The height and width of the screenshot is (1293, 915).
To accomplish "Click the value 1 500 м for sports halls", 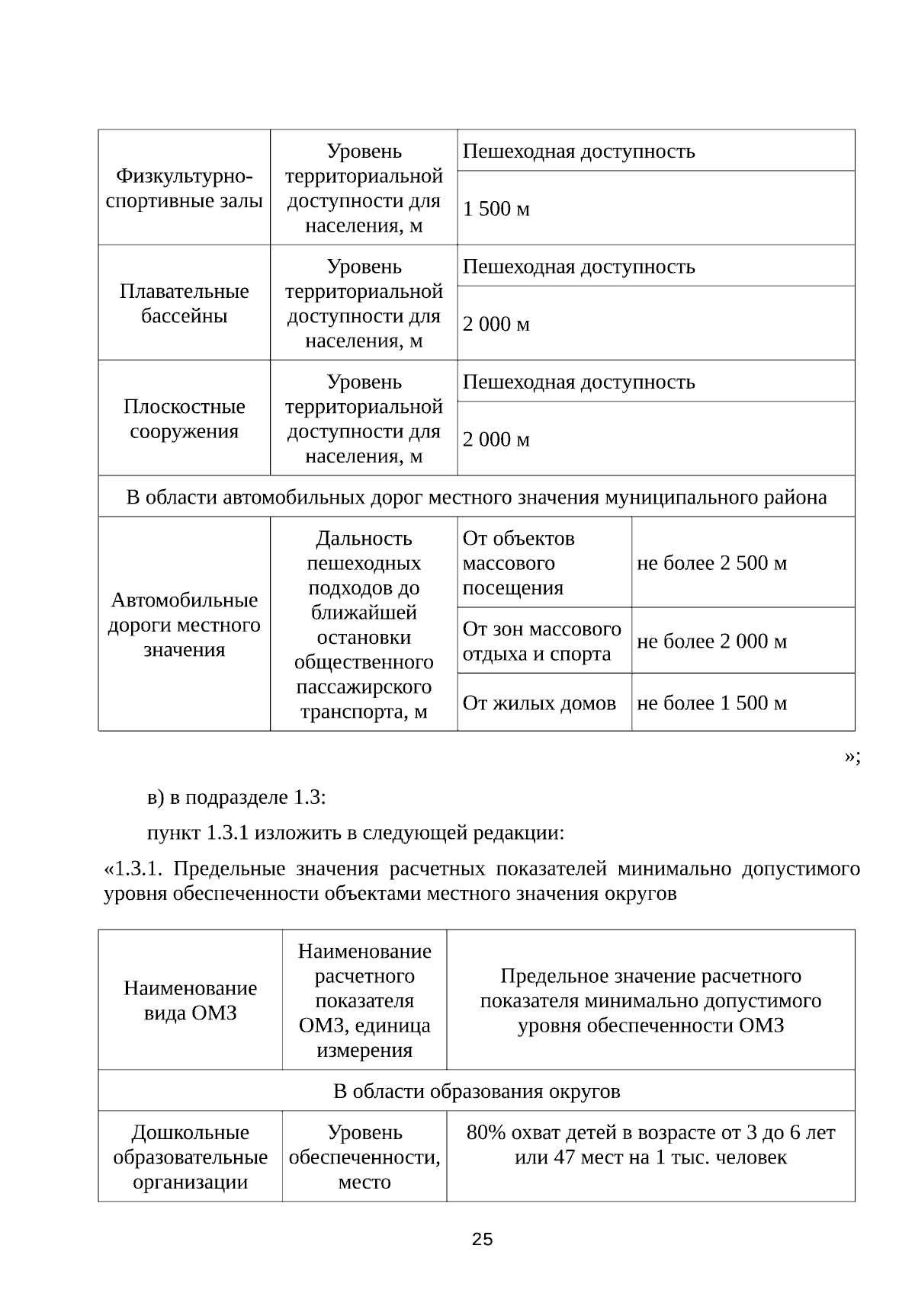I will (x=496, y=208).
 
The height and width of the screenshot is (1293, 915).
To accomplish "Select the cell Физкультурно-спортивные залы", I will (x=184, y=188).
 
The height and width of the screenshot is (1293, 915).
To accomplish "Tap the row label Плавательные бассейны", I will (x=184, y=303).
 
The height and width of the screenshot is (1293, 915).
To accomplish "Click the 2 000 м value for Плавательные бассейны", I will (x=496, y=324).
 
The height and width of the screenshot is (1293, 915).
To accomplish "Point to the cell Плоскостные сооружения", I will (x=184, y=418).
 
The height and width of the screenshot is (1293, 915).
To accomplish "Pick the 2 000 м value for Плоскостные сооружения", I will (x=496, y=440).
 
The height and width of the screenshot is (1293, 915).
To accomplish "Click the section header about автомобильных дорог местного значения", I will (x=476, y=498).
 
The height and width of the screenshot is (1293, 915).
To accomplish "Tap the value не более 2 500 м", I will (x=711, y=563).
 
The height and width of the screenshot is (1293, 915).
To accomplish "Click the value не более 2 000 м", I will (x=711, y=642).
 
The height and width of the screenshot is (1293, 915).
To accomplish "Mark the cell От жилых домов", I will (x=539, y=703).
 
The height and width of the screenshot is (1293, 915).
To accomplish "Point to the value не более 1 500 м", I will (x=711, y=703).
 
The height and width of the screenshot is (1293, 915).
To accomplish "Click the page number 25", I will (x=482, y=1240).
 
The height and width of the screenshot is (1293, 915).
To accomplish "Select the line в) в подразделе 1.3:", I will (x=236, y=798).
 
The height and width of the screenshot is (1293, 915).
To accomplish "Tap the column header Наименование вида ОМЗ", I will (x=190, y=1000).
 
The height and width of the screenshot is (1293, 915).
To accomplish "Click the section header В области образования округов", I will (x=477, y=1091).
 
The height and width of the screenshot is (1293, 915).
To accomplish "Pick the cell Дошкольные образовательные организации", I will (x=190, y=1157).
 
